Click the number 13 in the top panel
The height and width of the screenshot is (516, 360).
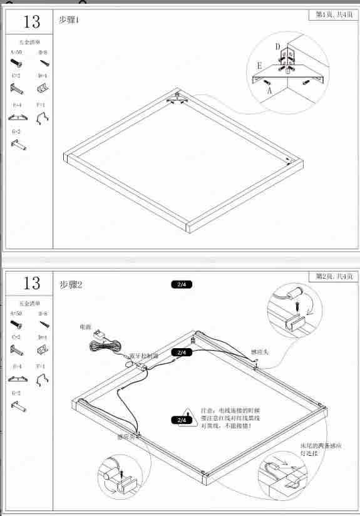coord(32,22)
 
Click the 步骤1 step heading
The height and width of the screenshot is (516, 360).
coord(69,20)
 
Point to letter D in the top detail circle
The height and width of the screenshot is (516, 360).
coord(277,46)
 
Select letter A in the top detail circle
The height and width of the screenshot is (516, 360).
coord(270,90)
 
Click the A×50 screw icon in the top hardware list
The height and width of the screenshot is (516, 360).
coord(16,63)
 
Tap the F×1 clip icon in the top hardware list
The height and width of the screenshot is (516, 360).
coord(43,117)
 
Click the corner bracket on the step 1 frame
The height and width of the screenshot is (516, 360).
coord(177,96)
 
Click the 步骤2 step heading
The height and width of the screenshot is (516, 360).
coord(71,285)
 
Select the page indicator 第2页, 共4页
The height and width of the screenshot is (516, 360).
coord(334,276)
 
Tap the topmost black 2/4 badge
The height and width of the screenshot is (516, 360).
coord(182,284)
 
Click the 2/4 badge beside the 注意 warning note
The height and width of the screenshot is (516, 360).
coord(182,420)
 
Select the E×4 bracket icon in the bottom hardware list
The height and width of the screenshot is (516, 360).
coord(18,378)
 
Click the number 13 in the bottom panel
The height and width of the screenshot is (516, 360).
coord(32,283)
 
